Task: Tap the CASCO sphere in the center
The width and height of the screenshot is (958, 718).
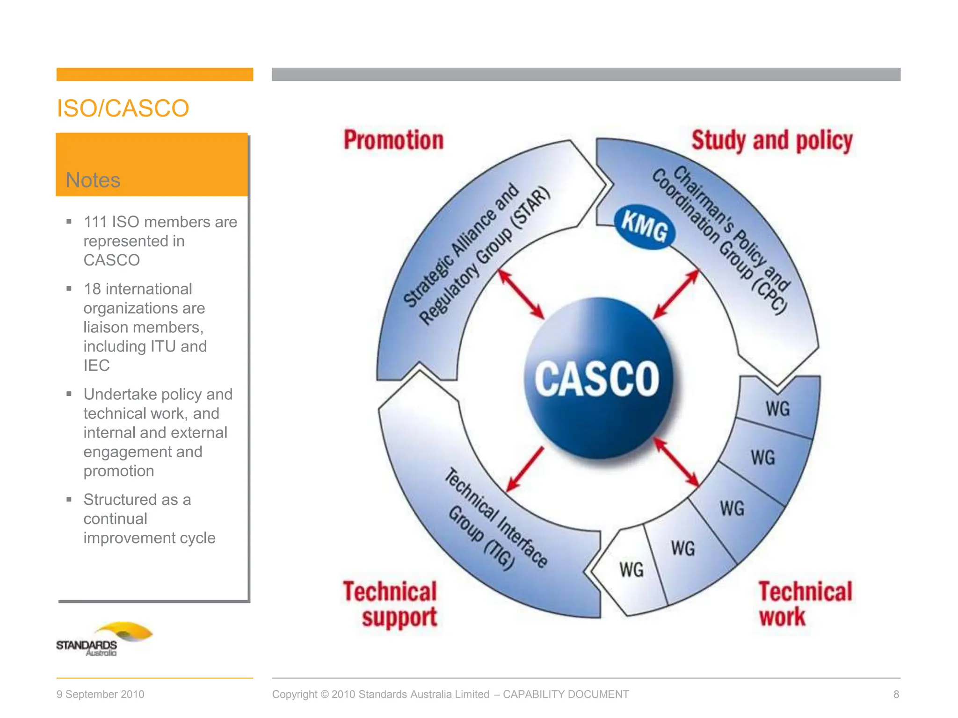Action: tap(597, 379)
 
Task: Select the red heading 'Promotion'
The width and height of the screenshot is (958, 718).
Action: tap(393, 140)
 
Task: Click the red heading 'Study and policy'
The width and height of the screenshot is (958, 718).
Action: tap(772, 141)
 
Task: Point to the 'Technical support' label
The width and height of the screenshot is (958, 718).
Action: tap(390, 604)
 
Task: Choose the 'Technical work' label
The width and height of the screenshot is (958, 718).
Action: tap(805, 604)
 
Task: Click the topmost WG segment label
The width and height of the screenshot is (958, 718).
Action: tap(777, 409)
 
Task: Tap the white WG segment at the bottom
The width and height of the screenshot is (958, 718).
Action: tap(631, 570)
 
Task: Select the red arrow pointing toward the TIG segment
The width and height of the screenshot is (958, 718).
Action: tap(525, 469)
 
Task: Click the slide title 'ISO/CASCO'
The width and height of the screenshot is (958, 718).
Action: tap(123, 108)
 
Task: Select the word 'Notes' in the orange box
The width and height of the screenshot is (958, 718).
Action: tap(93, 180)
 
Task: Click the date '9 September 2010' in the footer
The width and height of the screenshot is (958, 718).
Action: tap(100, 694)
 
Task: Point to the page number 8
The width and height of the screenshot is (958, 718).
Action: tap(896, 694)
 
